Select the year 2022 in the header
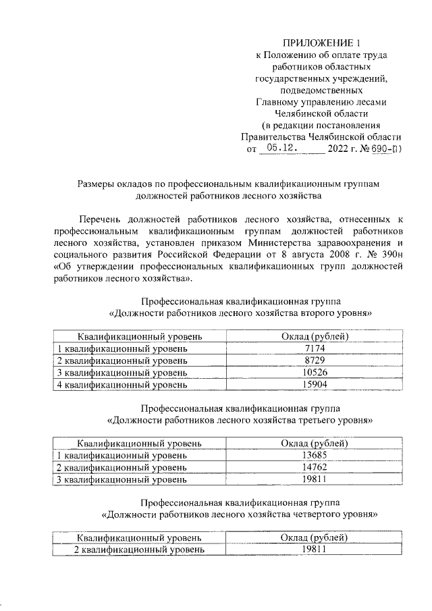[x=339, y=148]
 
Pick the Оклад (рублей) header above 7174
[x=315, y=336]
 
